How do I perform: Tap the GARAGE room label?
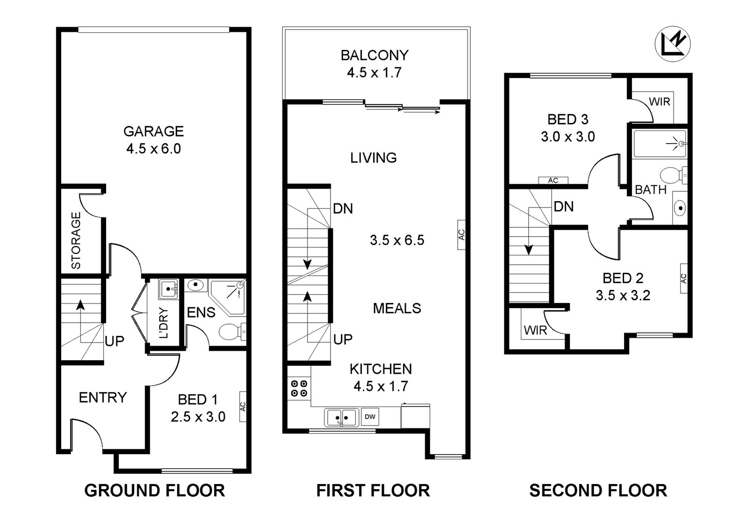coord(153,131)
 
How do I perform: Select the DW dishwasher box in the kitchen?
coord(370,417)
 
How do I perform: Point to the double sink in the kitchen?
coord(341,417)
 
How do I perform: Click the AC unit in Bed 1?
coord(243,406)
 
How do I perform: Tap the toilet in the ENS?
coord(230,333)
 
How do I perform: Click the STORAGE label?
coord(76,240)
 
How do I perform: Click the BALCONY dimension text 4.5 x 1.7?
coord(374,72)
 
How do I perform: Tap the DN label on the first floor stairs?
coord(343,209)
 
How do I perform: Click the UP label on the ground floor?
coord(114,341)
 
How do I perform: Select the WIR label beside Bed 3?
coord(659,101)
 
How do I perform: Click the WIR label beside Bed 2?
coord(535,330)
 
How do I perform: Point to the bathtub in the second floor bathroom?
coord(659,143)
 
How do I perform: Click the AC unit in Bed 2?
coord(683,278)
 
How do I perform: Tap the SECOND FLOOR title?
coord(598,491)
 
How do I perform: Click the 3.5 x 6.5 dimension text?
coord(397,240)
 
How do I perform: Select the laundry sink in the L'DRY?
coord(168,289)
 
